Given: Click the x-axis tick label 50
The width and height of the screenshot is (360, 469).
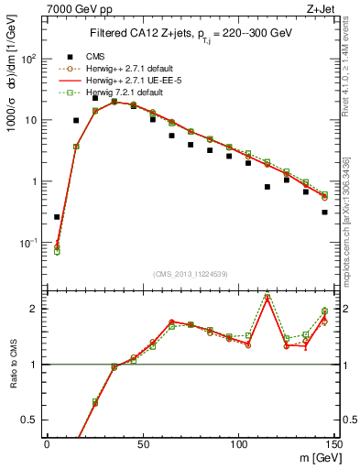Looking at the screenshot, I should [143, 442].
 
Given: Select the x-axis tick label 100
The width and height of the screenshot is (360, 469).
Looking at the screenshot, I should [238, 442].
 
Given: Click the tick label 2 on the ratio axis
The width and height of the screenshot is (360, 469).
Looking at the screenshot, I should [36, 309].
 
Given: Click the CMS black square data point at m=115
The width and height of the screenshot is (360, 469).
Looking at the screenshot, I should [267, 187].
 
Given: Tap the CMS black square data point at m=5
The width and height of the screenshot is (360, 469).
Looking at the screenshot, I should [57, 217].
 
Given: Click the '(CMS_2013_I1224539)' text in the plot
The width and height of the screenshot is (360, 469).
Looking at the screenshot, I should [190, 272].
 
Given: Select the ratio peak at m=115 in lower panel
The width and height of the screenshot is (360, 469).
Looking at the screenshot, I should [267, 296].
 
